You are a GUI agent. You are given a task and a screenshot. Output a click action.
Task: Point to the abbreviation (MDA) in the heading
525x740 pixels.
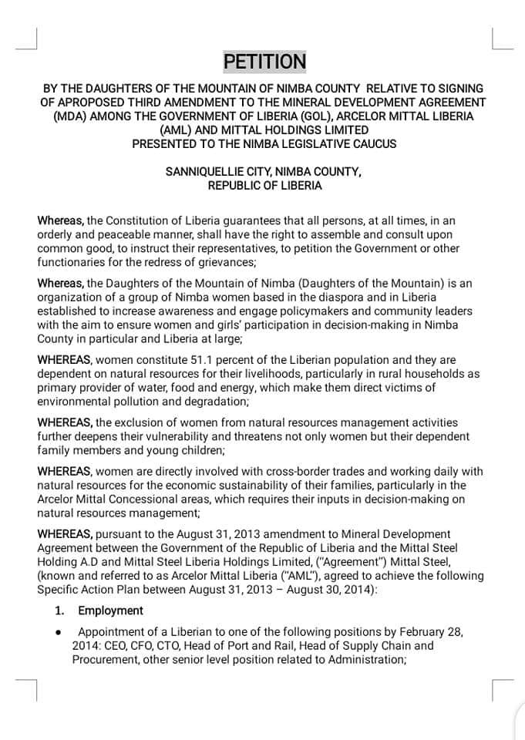click(x=72, y=116)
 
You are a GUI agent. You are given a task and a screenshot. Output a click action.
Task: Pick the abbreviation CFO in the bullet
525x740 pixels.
click(x=135, y=646)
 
